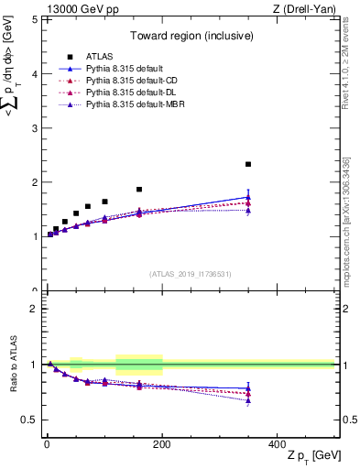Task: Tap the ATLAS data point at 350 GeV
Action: (248, 164)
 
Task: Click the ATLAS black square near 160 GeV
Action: (139, 190)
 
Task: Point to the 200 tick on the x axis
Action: (162, 444)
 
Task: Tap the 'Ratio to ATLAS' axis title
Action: (13, 365)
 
